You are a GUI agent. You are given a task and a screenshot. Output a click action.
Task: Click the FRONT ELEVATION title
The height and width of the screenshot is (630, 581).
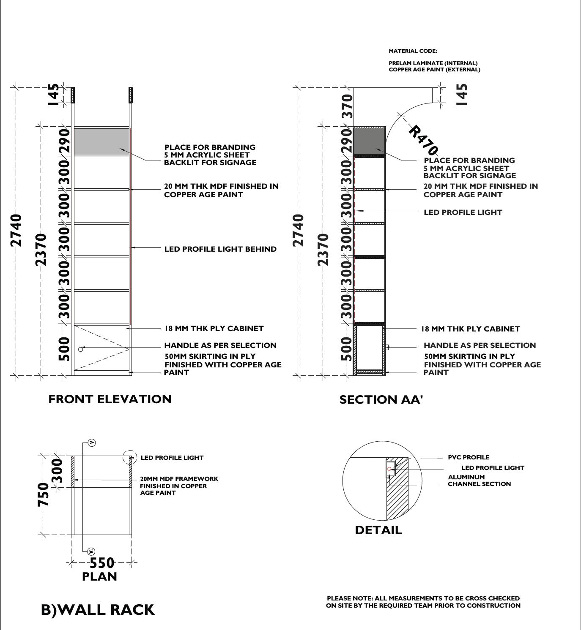110,399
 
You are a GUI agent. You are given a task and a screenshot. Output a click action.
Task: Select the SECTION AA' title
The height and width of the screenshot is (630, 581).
381,399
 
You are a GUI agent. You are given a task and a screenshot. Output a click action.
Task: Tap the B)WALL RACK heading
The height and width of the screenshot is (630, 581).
98,609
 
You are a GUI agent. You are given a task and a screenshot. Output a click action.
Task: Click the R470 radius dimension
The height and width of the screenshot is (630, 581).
423,139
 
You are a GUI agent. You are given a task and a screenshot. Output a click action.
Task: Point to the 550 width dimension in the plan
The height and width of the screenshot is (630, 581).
102,562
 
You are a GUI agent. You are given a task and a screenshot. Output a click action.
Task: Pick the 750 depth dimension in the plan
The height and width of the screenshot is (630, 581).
44,494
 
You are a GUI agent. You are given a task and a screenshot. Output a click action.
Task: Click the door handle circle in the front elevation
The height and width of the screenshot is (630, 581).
81,349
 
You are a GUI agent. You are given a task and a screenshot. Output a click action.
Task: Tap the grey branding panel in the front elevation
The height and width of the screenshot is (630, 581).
101,142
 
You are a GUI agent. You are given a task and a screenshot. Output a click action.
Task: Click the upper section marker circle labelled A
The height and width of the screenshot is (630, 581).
92,443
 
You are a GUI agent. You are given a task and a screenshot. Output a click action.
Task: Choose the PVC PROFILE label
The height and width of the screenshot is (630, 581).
469,457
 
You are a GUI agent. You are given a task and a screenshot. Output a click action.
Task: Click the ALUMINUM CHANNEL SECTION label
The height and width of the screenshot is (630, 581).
479,481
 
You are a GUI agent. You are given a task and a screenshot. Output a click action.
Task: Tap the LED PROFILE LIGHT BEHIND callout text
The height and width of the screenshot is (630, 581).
220,249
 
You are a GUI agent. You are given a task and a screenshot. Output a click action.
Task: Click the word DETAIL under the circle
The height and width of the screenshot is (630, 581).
378,530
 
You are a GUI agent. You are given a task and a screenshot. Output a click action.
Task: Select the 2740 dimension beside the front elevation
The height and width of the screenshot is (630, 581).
16,230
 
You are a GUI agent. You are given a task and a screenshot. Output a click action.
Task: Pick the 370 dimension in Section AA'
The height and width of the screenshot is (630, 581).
347,106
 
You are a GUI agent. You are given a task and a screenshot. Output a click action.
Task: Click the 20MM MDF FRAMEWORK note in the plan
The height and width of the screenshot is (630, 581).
179,486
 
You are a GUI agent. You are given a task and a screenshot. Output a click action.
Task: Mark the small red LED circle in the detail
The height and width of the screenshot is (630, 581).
389,469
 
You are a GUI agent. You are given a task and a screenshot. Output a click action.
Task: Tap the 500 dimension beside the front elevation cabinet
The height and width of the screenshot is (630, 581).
63,349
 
